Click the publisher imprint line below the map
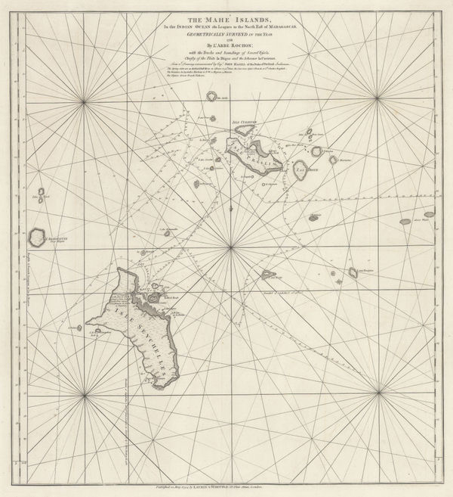tap(226, 480)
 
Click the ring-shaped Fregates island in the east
tap(353, 272)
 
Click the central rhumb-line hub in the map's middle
tap(227, 250)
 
